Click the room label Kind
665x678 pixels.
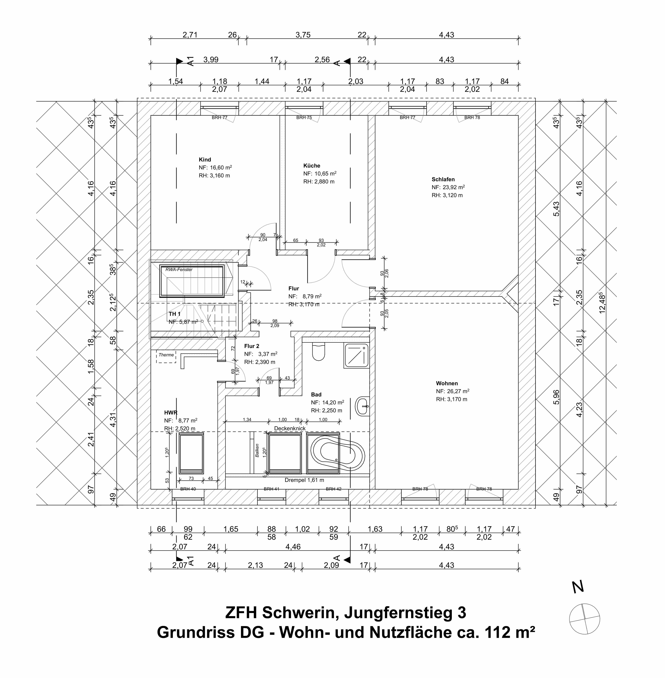[205, 160]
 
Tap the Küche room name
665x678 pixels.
[312, 166]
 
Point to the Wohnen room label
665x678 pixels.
[447, 383]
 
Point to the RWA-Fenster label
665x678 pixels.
[179, 269]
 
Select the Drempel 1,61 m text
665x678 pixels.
[304, 480]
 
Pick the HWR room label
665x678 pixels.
[171, 413]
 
